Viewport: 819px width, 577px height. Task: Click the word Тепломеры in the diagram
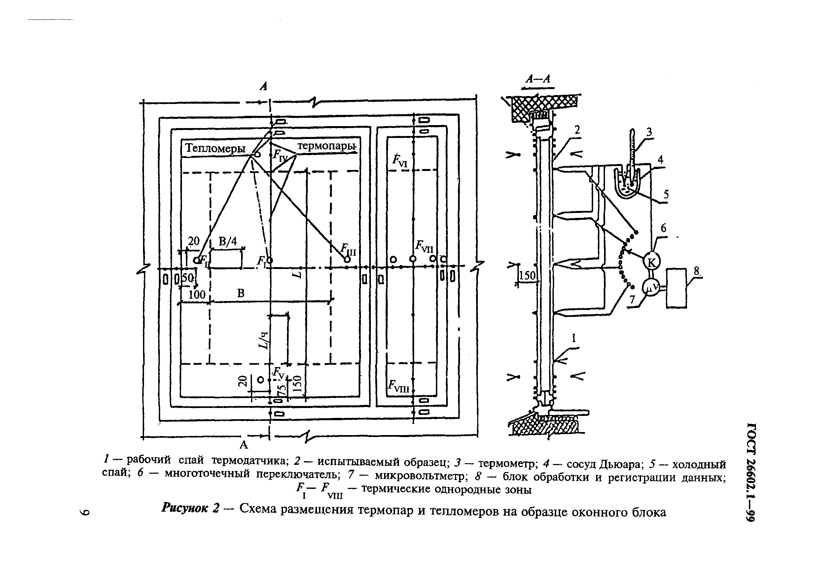[x=215, y=148]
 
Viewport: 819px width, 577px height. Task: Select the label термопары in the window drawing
[x=326, y=146]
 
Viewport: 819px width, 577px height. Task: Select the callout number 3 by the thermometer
[x=649, y=132]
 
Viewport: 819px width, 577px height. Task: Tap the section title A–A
[x=538, y=79]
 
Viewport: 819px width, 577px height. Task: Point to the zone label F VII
[x=424, y=246]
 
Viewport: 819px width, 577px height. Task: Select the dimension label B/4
[x=228, y=241]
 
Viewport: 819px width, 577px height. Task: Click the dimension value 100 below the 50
[x=196, y=294]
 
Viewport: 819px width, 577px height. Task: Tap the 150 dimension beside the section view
[x=527, y=276]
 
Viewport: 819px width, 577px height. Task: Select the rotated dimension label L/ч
[x=263, y=340]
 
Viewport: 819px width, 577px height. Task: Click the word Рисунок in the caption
[x=184, y=507]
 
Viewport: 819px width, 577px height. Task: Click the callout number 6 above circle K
[x=663, y=228]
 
